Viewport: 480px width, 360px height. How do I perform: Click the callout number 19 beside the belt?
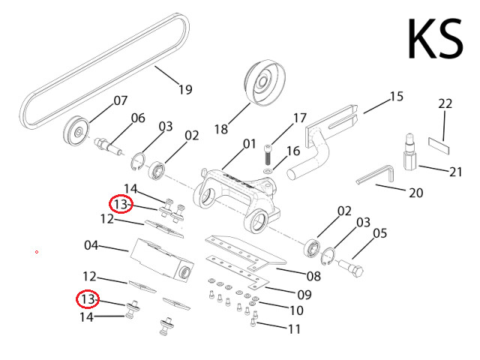tap(184, 89)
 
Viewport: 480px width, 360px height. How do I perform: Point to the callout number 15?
tap(396, 97)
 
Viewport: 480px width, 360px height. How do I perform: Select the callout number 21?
tap(456, 172)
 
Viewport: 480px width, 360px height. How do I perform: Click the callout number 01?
tap(249, 142)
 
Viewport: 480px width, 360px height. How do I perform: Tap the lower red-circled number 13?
tap(89, 299)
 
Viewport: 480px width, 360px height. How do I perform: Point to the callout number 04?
tap(91, 245)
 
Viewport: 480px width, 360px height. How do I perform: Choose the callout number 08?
tap(313, 276)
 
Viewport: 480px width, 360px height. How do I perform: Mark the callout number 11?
tap(293, 328)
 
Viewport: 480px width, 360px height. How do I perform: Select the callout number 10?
tap(295, 310)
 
